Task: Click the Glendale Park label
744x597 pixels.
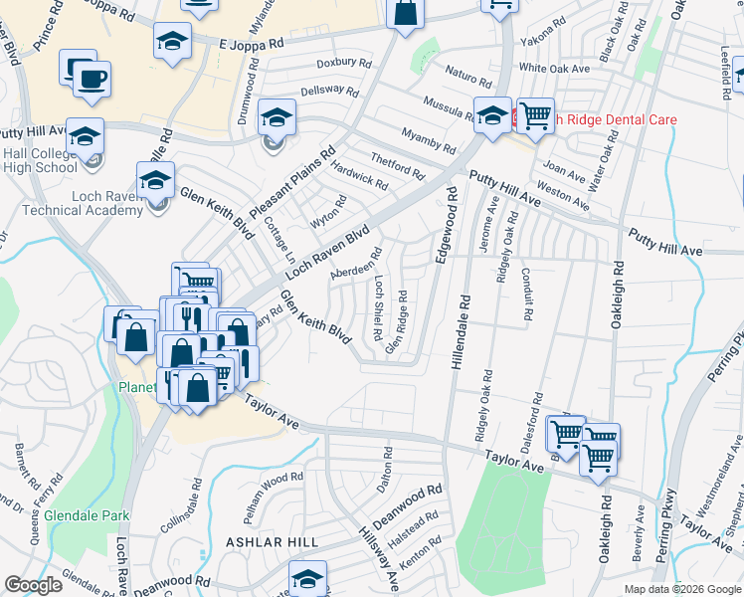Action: click(88, 516)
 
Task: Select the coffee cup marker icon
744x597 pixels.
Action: click(93, 78)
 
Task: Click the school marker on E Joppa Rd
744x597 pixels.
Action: click(172, 42)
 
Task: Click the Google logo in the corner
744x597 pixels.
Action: click(33, 585)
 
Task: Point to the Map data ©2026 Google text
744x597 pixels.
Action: click(681, 589)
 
